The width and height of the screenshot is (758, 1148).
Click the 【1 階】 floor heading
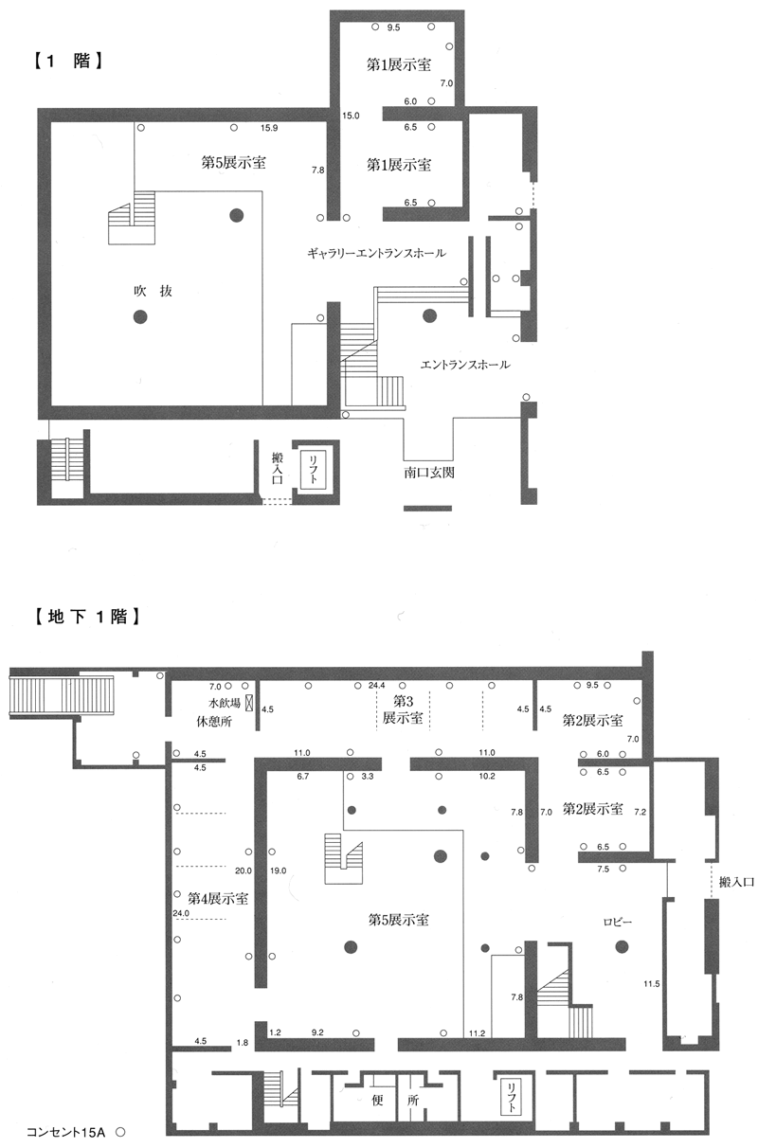click(67, 61)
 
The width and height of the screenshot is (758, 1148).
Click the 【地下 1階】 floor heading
click(86, 616)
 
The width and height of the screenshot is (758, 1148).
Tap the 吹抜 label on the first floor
click(153, 291)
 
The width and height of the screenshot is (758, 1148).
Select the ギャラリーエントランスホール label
click(376, 253)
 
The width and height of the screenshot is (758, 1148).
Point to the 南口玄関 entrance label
click(429, 473)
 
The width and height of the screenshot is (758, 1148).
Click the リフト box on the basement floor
click(511, 1097)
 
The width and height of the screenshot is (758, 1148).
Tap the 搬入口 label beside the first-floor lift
click(278, 467)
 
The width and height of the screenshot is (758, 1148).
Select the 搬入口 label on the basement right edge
click(736, 882)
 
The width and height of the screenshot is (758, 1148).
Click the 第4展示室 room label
click(218, 898)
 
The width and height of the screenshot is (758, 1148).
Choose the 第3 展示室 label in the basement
click(403, 709)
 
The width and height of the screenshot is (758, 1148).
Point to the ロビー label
click(617, 922)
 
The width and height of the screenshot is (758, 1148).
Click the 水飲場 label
click(224, 703)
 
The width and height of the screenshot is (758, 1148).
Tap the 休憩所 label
click(214, 722)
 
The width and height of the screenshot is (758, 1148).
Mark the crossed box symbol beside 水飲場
click(249, 702)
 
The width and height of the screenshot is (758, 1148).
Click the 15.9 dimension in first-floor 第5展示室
click(268, 128)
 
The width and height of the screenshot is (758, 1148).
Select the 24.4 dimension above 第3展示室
click(377, 685)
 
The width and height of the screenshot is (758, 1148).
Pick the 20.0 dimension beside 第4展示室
click(244, 870)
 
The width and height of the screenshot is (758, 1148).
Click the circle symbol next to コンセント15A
click(120, 1132)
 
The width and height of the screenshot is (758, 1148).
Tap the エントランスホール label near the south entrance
click(465, 365)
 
